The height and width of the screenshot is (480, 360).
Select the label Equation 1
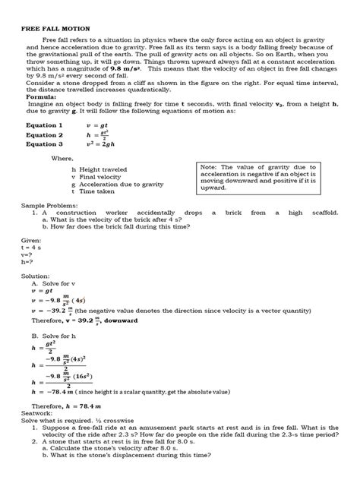pos(44,124)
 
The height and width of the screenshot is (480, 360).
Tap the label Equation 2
pos(44,134)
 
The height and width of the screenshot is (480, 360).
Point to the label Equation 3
pos(44,144)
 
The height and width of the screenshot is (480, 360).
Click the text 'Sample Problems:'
pos(49,206)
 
